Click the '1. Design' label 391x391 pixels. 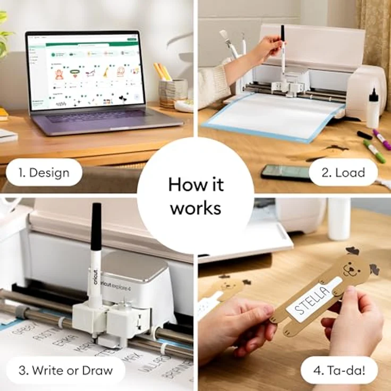[45, 172]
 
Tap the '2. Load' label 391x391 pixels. [343, 172]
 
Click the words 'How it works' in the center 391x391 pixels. [195, 196]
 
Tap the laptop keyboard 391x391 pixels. [101, 117]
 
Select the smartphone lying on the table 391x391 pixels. [285, 171]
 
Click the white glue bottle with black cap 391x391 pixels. [373, 109]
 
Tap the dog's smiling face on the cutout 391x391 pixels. [350, 268]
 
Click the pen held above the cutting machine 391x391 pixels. [283, 50]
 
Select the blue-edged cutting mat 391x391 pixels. [271, 120]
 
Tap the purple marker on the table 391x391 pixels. [381, 139]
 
